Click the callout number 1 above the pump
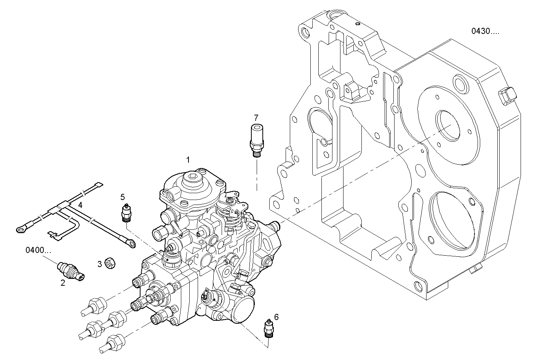coord(187,159)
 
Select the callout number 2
coord(63,283)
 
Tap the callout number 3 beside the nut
coord(99,264)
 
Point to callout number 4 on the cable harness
coord(80,205)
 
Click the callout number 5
coord(123,197)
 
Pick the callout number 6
coord(276,317)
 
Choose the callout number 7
coord(256,117)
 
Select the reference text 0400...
coord(38,250)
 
